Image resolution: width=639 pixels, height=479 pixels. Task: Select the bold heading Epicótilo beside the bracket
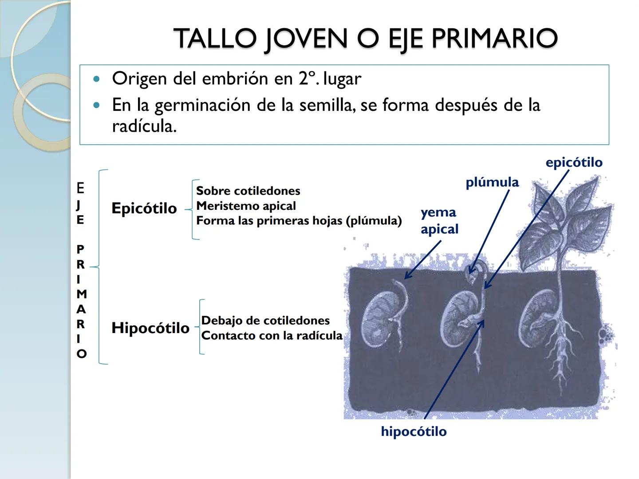tap(144, 208)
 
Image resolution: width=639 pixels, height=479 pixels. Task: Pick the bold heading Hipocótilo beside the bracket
tap(150, 328)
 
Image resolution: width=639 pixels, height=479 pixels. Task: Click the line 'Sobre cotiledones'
tap(248, 191)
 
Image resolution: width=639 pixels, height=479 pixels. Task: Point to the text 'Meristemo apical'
tap(246, 206)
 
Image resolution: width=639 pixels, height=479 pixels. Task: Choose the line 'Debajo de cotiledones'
tap(265, 320)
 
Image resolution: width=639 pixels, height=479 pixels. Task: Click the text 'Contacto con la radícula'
tap(272, 335)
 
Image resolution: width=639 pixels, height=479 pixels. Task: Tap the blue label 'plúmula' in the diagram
tap(492, 182)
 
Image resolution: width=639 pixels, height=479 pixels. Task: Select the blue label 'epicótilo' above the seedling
tap(574, 162)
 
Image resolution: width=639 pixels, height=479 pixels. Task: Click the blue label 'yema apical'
tap(439, 220)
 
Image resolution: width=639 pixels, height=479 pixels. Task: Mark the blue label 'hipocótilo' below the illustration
tap(414, 432)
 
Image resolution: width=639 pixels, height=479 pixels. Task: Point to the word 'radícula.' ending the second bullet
tap(144, 126)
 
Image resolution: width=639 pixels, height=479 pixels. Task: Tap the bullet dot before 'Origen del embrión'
tap(97, 79)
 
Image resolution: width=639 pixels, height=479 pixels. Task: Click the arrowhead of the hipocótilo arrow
tap(482, 321)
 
